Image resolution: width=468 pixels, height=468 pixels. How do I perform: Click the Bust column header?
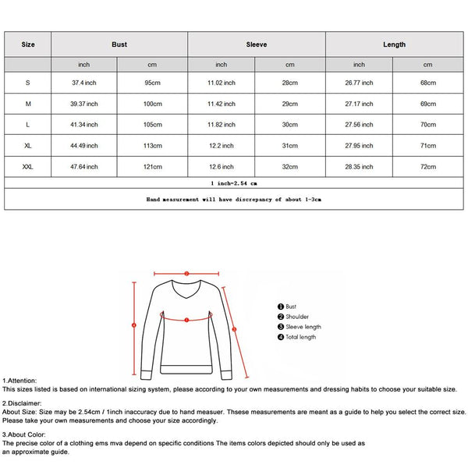(x=119, y=44)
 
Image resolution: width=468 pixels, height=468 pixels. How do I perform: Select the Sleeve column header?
(x=257, y=44)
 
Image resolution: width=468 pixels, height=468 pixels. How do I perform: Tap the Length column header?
(x=394, y=44)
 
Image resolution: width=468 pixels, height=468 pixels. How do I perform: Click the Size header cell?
(x=28, y=44)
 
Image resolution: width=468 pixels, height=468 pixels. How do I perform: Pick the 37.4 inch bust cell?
(x=85, y=83)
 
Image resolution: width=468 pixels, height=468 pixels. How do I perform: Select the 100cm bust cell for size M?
(x=153, y=104)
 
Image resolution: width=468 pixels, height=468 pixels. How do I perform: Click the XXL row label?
(x=28, y=166)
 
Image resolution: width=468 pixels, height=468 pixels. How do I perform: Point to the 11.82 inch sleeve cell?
(x=222, y=125)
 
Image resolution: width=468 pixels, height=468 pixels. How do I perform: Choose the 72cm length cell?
(x=427, y=166)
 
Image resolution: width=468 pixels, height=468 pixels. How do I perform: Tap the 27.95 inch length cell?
(x=359, y=146)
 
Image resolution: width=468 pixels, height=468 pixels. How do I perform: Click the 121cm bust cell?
(x=153, y=166)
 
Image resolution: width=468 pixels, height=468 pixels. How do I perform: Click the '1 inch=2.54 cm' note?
(x=234, y=183)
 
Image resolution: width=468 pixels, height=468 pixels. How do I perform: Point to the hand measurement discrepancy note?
(x=234, y=200)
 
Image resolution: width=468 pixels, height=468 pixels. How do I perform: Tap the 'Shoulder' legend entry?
(x=296, y=317)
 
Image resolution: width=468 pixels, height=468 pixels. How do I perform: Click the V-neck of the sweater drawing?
(x=186, y=296)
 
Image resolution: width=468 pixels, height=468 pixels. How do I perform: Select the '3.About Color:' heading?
(x=25, y=434)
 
